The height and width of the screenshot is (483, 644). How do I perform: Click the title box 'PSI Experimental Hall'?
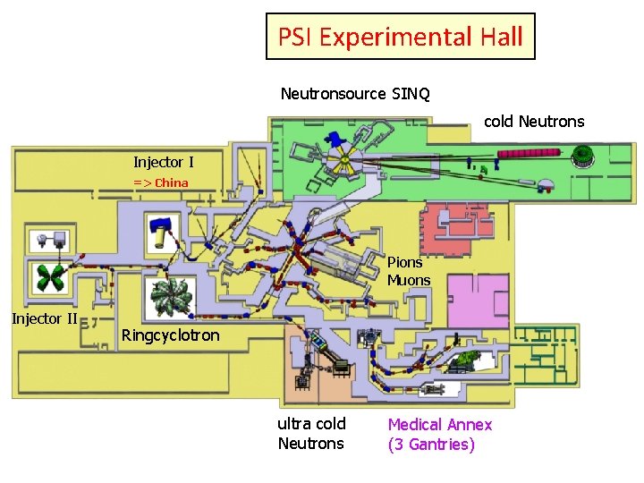pos(400,37)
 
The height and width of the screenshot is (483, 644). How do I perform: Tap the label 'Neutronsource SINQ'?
pos(355,94)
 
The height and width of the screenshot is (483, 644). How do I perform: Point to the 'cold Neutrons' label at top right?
pos(534,121)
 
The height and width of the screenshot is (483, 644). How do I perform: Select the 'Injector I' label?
pos(163,162)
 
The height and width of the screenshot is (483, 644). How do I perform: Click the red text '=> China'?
pos(161,182)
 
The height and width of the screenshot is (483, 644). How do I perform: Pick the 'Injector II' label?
pos(44,318)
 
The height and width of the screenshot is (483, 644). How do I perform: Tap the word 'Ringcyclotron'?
pos(170,336)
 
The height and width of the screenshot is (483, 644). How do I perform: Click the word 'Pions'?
pos(404,262)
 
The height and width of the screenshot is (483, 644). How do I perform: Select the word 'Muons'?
pos(409,280)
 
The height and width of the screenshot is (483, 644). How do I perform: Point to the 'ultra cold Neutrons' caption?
pos(311,433)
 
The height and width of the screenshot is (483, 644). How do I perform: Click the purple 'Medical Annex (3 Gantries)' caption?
pos(439,434)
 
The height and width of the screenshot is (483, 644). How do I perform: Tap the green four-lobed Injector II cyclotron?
pos(48,277)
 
